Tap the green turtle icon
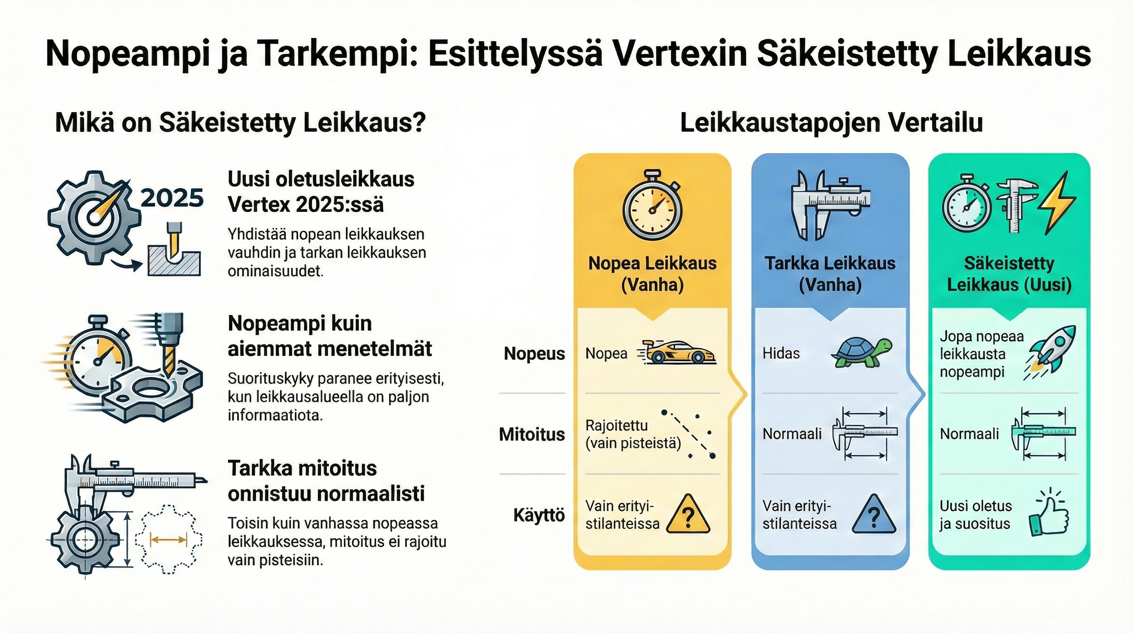861,352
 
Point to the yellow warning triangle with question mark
688,515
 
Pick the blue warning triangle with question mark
874,515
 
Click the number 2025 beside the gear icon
172,199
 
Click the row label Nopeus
534,354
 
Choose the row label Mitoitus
532,434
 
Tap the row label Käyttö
539,515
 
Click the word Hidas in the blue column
781,353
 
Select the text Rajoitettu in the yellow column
616,426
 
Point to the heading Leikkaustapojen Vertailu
831,123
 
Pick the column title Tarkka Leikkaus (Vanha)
830,274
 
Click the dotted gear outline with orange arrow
168,539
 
